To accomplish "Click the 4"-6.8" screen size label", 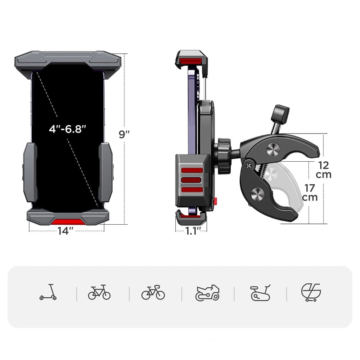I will [x=68, y=129].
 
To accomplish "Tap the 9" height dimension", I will [x=124, y=134].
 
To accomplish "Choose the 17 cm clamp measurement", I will [x=310, y=193].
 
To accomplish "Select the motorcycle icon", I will [x=207, y=293].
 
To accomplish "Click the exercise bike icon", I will [x=260, y=293].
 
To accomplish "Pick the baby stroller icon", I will [x=311, y=292].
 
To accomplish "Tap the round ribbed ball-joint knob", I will [x=224, y=156].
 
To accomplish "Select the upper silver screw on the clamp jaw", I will [x=273, y=149].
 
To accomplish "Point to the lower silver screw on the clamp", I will [x=258, y=193].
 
